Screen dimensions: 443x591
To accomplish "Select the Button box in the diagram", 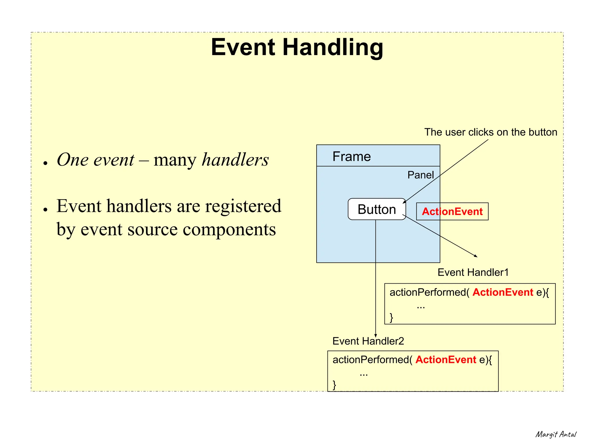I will pyautogui.click(x=377, y=209).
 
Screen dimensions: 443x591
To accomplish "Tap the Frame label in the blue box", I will pyautogui.click(x=351, y=157).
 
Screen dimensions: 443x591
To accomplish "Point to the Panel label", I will pyautogui.click(x=420, y=175).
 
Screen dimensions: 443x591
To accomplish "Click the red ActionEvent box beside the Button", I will pyautogui.click(x=452, y=212).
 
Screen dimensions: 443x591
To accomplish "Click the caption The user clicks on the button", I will pyautogui.click(x=491, y=132).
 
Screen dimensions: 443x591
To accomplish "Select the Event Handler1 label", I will pyautogui.click(x=473, y=272).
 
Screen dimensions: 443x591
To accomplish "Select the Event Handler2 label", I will pyautogui.click(x=368, y=341).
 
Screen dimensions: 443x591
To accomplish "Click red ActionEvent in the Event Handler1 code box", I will pyautogui.click(x=503, y=292).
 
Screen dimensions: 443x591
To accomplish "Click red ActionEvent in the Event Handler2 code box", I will pyautogui.click(x=446, y=360).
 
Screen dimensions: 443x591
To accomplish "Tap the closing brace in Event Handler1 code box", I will pyautogui.click(x=391, y=317).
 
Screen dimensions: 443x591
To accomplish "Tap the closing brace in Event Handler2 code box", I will pyautogui.click(x=334, y=385).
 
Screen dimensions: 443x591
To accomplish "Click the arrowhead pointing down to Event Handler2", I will pyautogui.click(x=375, y=335).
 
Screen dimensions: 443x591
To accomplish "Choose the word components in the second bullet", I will pyautogui.click(x=229, y=229).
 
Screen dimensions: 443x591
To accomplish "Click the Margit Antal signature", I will pyautogui.click(x=556, y=434).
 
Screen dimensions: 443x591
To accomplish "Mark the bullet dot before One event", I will pyautogui.click(x=45, y=163).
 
